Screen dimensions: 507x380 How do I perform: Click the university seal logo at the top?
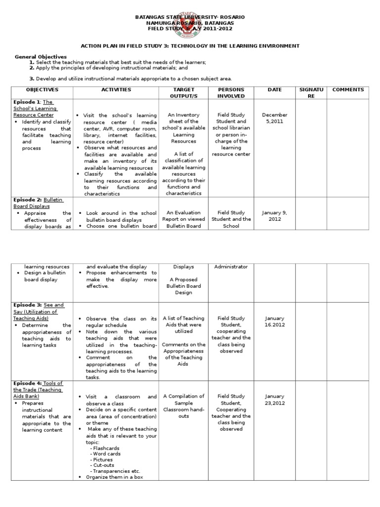[190, 23]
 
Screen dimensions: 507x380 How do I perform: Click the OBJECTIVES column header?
[42, 90]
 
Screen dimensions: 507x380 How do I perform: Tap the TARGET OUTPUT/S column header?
[184, 93]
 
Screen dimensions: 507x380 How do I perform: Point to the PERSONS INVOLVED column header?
[231, 93]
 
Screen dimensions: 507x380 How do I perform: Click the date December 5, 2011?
[275, 118]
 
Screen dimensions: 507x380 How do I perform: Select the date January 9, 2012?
[275, 215]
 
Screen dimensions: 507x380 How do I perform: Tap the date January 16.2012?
[275, 321]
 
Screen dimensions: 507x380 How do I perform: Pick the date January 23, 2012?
[275, 400]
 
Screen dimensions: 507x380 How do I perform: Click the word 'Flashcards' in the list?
[106, 448]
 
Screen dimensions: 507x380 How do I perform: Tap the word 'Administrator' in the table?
[231, 266]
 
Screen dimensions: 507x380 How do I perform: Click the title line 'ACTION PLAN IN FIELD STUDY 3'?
[190, 46]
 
